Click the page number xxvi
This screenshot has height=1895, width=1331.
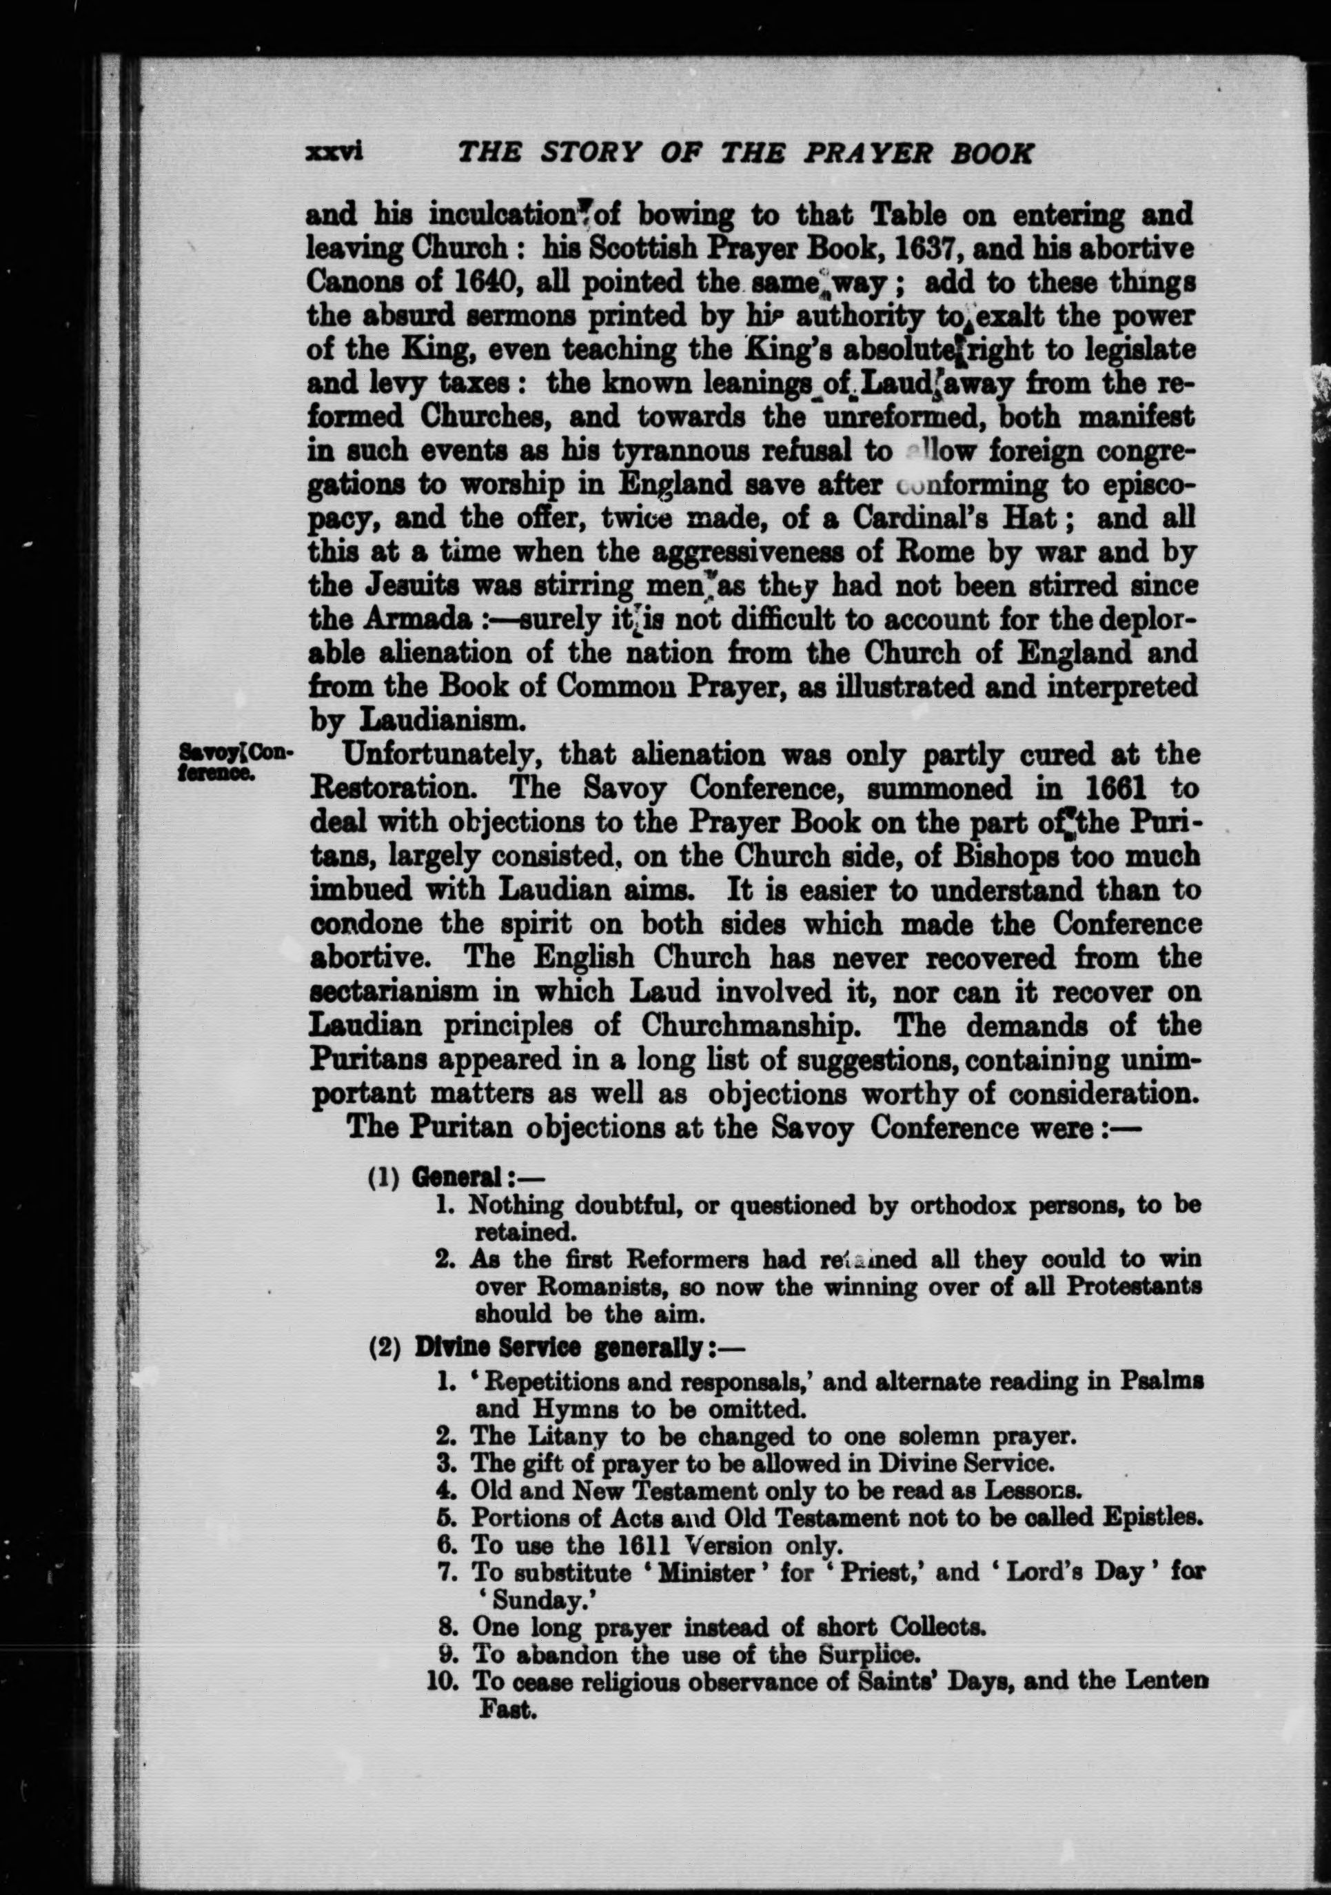click(334, 154)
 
